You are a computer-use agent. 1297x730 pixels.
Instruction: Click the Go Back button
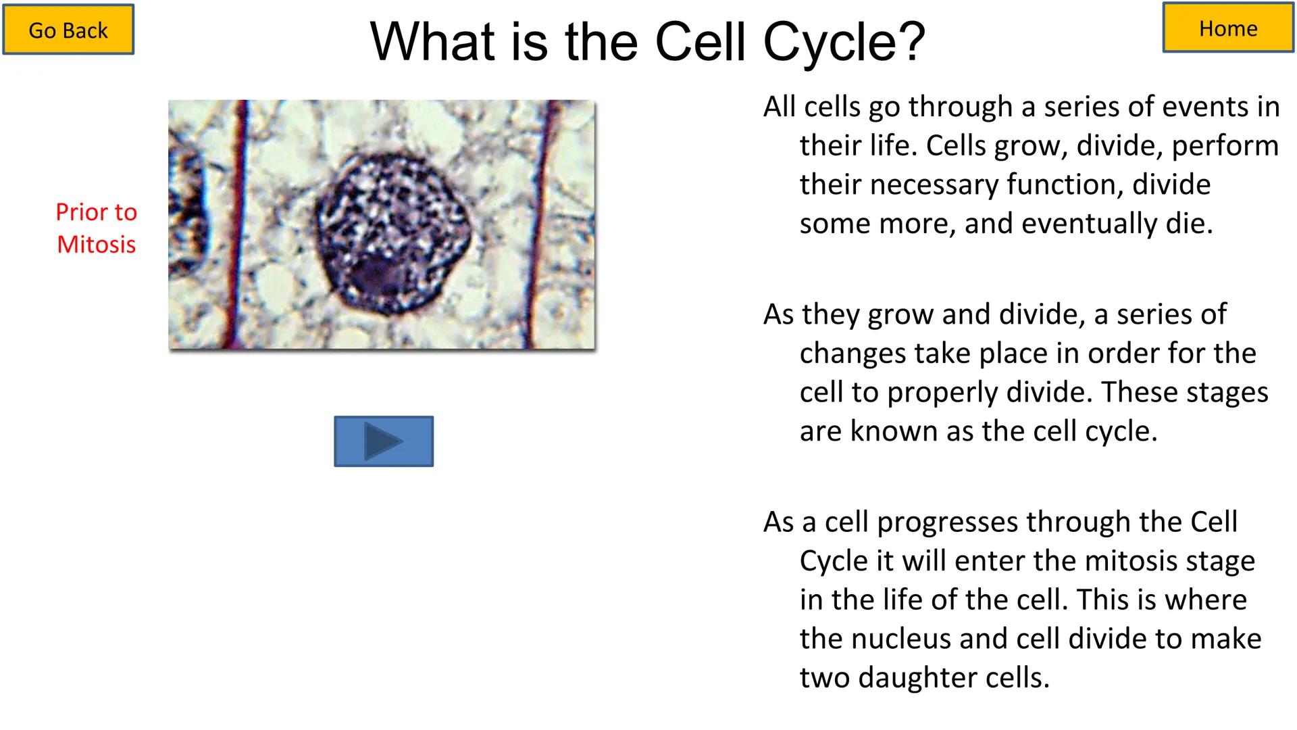point(68,30)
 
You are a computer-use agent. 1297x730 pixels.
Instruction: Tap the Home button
point(1227,28)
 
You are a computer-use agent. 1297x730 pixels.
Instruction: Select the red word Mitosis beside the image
point(96,244)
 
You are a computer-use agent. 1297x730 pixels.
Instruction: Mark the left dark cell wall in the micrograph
point(238,223)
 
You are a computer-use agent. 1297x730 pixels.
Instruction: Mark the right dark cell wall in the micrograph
point(538,223)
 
